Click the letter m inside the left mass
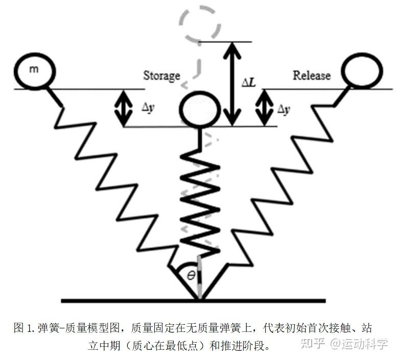click(x=33, y=69)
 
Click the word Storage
click(x=161, y=76)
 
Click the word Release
click(x=311, y=76)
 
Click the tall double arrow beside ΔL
click(x=233, y=84)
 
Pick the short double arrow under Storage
click(x=122, y=107)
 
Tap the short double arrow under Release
click(x=265, y=107)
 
